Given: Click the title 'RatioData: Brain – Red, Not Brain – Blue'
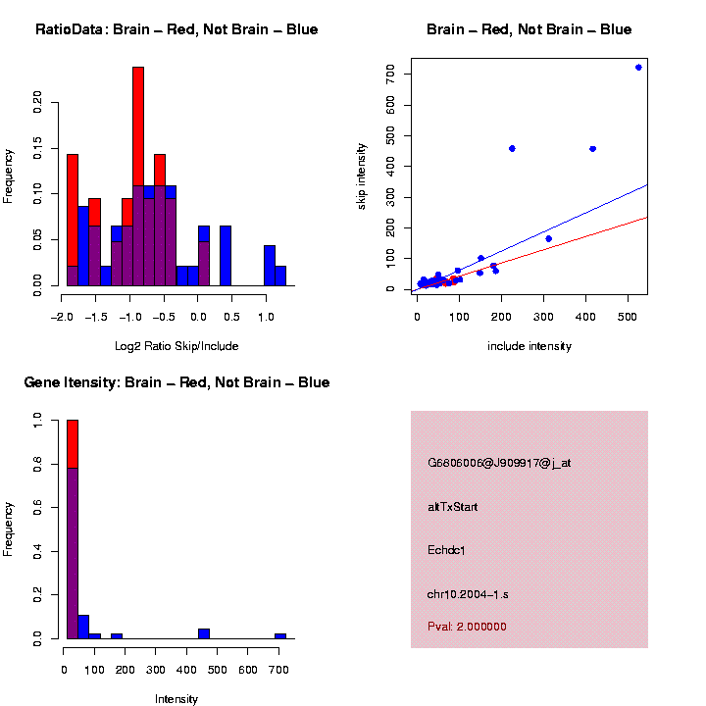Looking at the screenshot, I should pyautogui.click(x=176, y=29).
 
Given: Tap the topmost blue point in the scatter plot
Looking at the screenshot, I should pyautogui.click(x=638, y=68).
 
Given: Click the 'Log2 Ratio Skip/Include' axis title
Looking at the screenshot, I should pyautogui.click(x=176, y=346).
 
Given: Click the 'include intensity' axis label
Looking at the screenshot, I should pyautogui.click(x=529, y=346).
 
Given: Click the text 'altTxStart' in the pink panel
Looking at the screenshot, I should pyautogui.click(x=452, y=507).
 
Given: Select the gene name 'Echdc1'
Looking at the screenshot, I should pyautogui.click(x=446, y=550).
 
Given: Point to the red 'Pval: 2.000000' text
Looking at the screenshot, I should pyautogui.click(x=467, y=627).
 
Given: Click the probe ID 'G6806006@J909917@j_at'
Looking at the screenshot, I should pyautogui.click(x=498, y=463).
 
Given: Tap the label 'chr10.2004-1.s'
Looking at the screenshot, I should pyautogui.click(x=467, y=594).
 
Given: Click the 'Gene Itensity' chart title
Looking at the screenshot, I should pyautogui.click(x=176, y=382).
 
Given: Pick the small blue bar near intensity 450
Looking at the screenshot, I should pyautogui.click(x=204, y=633).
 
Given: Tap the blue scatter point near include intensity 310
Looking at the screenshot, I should pyautogui.click(x=548, y=238).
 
